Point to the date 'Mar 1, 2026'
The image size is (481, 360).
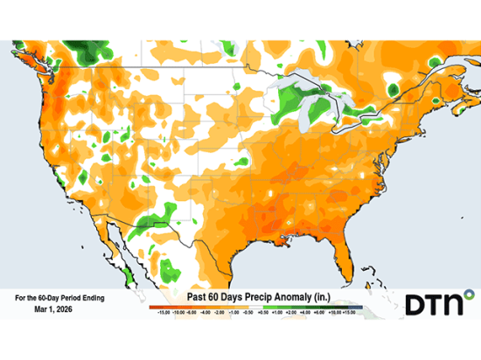tap(58, 309)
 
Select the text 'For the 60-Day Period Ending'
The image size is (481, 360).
tap(59, 298)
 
